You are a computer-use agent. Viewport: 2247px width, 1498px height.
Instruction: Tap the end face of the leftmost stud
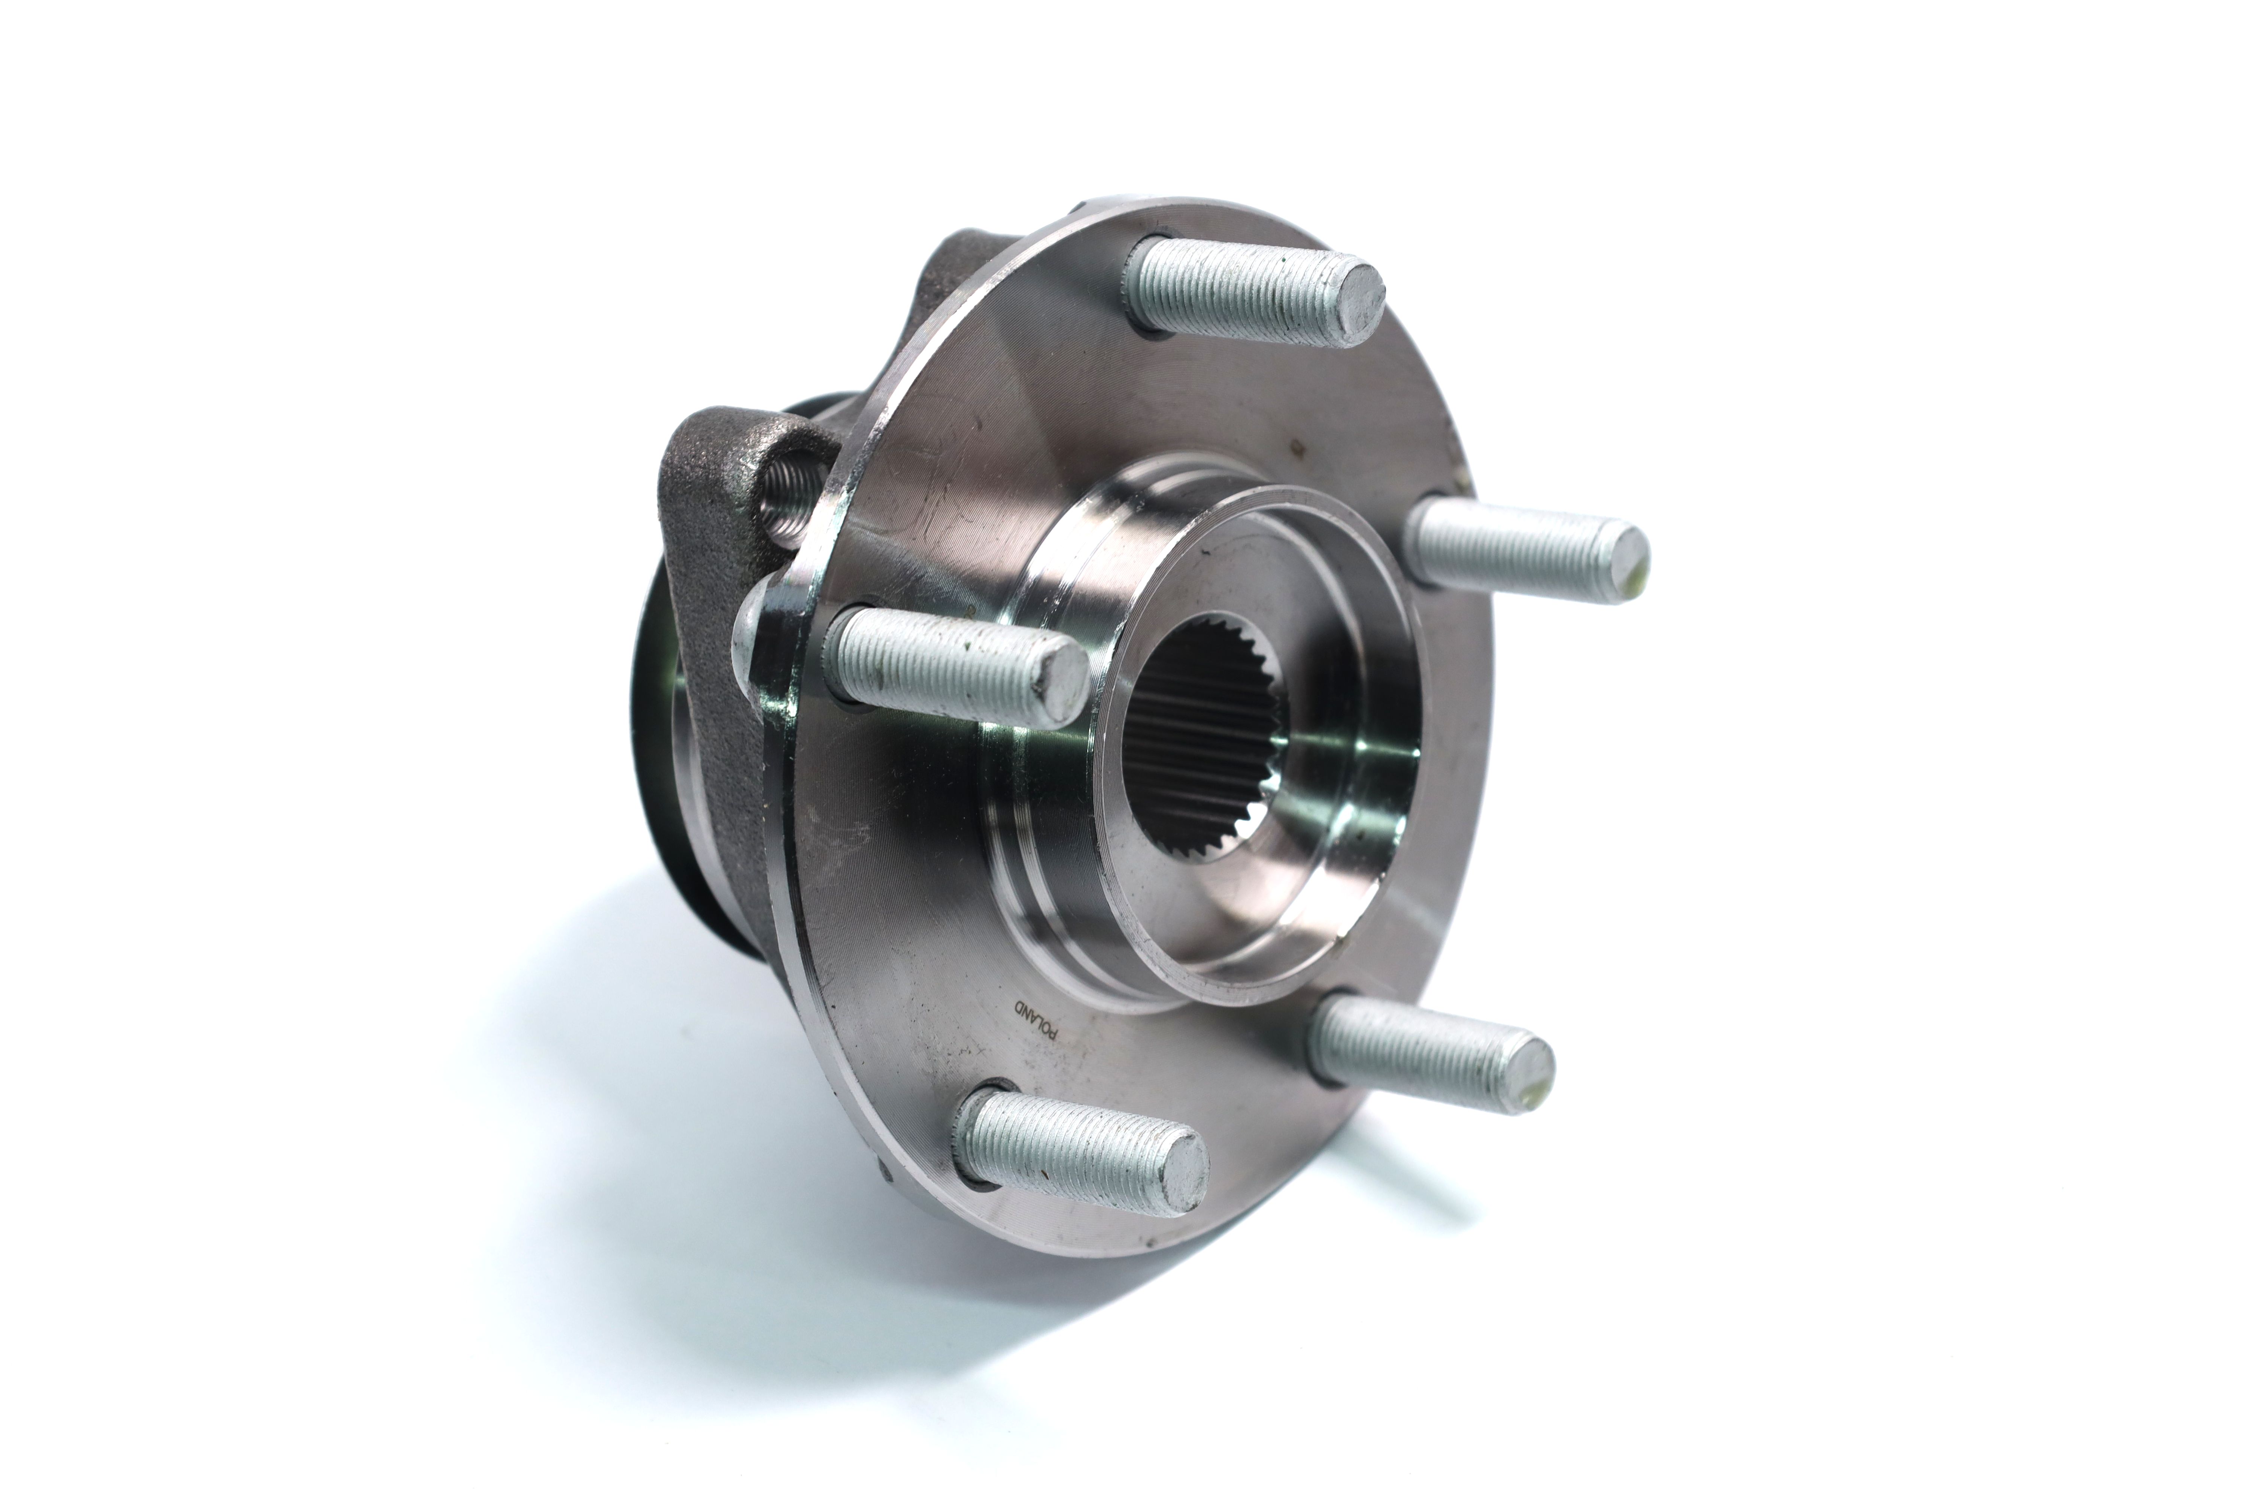tap(1061, 680)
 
